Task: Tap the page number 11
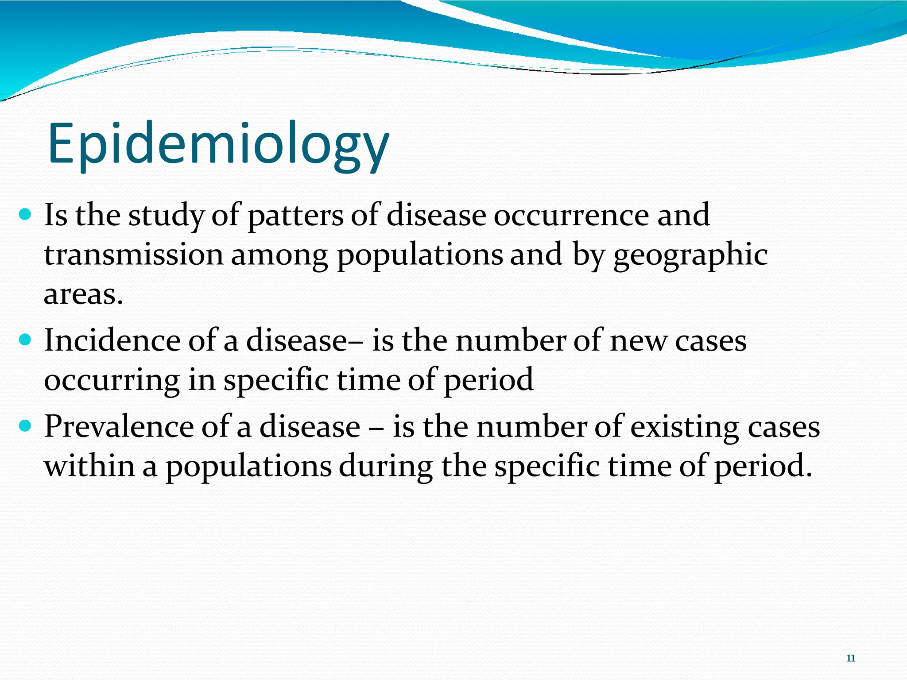850,658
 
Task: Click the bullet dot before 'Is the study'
26,215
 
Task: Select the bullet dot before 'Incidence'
26,340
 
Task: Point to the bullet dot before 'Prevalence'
26,426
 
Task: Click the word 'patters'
295,216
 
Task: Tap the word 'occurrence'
572,216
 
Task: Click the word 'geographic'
690,256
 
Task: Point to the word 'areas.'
83,294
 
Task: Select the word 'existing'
684,427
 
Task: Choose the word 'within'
89,466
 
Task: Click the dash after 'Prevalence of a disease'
376,428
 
